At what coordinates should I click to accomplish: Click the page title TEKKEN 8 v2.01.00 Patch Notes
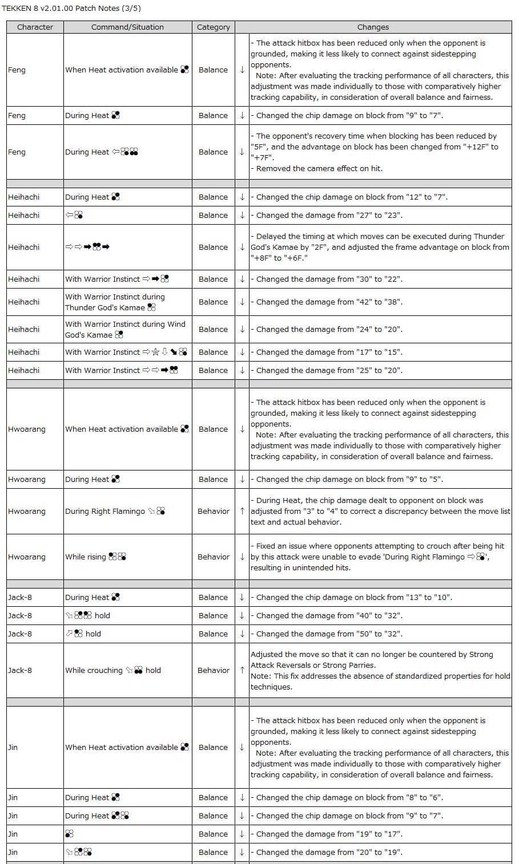pos(71,8)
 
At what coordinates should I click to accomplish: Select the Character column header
pos(35,27)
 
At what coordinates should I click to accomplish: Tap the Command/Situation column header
pos(127,27)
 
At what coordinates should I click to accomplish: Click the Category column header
pos(213,27)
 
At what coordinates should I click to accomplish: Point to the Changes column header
pos(373,27)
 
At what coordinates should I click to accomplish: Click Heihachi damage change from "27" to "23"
pos(329,215)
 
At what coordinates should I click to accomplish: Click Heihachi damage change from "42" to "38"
pos(329,302)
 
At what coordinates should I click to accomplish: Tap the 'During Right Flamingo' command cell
pos(115,511)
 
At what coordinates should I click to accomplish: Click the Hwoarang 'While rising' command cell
pos(95,557)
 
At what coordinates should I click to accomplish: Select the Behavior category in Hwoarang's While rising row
pos(213,557)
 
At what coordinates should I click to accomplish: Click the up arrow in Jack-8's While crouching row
pos(242,670)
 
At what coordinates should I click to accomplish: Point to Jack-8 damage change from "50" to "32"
pos(329,634)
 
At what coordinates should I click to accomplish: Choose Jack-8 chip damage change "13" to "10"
pos(354,597)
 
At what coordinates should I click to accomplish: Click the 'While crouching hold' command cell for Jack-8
pos(113,670)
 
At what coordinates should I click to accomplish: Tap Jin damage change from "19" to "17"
pos(329,834)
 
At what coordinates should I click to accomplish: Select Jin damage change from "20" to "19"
pos(329,852)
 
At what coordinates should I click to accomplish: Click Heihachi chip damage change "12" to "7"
pos(352,197)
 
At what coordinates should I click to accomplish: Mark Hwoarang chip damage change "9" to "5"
pos(349,479)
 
